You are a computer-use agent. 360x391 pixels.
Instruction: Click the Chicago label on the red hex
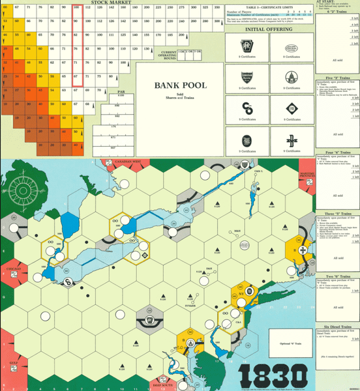[14, 268]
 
